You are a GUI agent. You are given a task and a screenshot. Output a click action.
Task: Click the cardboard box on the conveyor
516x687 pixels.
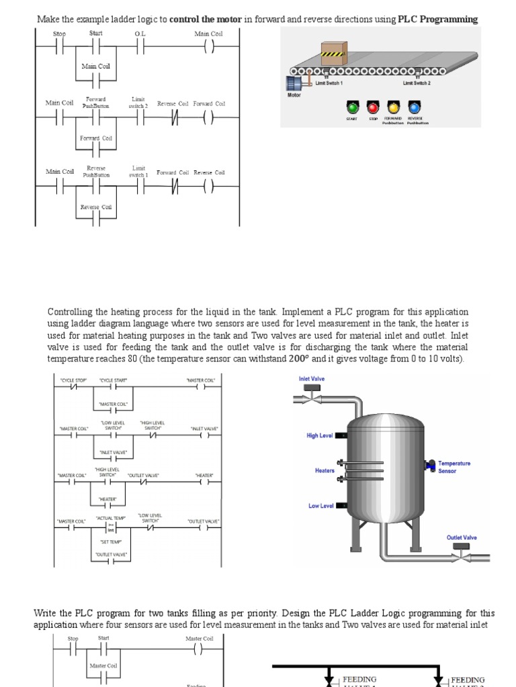pos(333,52)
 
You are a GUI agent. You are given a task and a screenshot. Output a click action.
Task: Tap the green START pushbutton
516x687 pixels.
pos(351,107)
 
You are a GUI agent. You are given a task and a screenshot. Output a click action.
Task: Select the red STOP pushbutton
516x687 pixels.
pos(373,107)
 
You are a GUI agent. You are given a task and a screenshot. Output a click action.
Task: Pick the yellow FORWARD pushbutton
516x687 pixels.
pos(393,107)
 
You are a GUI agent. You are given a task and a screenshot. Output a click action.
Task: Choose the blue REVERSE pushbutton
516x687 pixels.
pos(414,107)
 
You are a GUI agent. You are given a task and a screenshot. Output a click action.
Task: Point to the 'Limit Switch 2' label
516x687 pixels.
pos(417,83)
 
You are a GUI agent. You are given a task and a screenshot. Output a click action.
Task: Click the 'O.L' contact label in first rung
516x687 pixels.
pos(140,34)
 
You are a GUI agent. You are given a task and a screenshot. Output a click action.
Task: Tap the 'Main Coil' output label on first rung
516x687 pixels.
pos(208,34)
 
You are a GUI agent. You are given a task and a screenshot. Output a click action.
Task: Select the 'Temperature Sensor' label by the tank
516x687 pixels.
pos(454,467)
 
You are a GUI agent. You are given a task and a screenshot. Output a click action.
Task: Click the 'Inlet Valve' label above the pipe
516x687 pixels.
pos(312,379)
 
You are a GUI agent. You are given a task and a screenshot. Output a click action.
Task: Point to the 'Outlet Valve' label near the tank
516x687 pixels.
pos(462,537)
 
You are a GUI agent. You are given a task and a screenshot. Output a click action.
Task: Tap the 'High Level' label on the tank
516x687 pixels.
pos(320,435)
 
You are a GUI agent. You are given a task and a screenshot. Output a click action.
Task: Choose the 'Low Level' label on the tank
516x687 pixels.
pos(321,506)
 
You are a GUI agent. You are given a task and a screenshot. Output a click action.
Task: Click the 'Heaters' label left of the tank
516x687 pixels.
pos(325,470)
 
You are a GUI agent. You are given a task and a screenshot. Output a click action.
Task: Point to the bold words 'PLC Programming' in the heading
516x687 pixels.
pos(438,19)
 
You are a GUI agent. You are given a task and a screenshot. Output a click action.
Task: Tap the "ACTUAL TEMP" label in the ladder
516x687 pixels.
pos(111,518)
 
